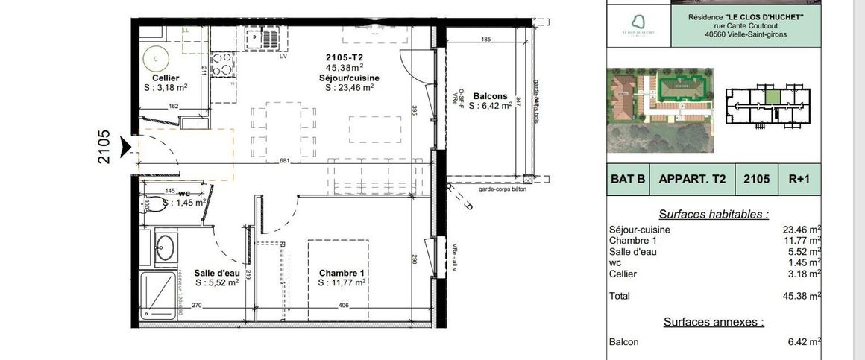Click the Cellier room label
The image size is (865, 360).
pyautogui.click(x=165, y=78)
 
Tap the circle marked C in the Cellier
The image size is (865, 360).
pyautogui.click(x=156, y=56)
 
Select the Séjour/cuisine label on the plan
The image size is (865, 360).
pyautogui.click(x=349, y=78)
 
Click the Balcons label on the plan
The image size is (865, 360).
pyautogui.click(x=490, y=96)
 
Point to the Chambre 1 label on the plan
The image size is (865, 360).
pyautogui.click(x=341, y=273)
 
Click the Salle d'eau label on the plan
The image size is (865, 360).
pyautogui.click(x=216, y=273)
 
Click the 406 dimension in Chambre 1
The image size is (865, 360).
pyautogui.click(x=344, y=306)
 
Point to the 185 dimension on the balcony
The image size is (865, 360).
pyautogui.click(x=485, y=39)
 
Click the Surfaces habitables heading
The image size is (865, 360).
pyautogui.click(x=714, y=214)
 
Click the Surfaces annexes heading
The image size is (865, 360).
pyautogui.click(x=714, y=322)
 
